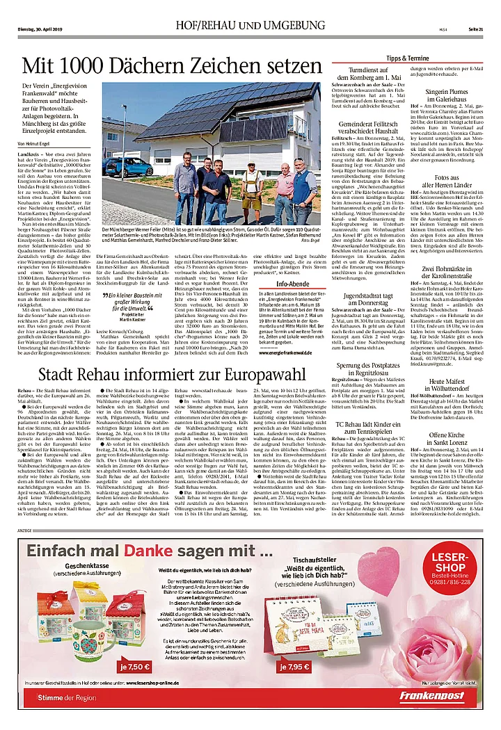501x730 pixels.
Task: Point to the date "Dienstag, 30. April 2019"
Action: coord(41,27)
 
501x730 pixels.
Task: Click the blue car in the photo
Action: coord(119,168)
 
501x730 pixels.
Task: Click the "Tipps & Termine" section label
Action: coord(408,58)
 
